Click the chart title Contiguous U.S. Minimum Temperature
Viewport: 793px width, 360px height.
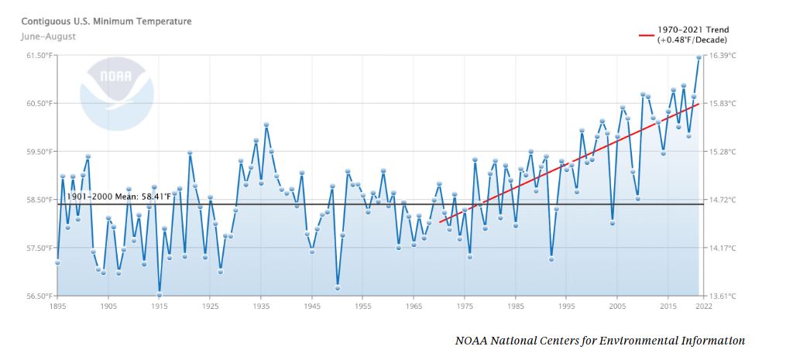coord(106,22)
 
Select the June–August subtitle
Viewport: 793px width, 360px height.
coord(48,36)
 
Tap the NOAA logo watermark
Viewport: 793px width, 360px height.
coord(115,91)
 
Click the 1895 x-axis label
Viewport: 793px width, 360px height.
coord(57,307)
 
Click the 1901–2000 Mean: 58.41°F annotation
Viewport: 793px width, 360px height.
coord(118,197)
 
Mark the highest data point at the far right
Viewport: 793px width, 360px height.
coord(699,57)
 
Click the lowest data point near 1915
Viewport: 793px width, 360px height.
coord(160,294)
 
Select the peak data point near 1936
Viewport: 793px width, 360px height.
coord(266,125)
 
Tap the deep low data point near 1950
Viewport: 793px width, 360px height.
coord(338,287)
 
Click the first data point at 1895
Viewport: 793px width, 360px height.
coord(57,262)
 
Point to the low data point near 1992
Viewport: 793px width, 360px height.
coord(551,259)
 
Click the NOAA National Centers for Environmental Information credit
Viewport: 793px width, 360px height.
coord(599,341)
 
